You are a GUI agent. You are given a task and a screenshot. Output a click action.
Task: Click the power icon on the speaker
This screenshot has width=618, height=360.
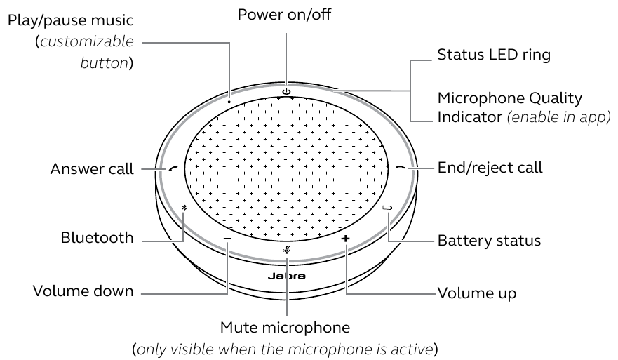click(286, 91)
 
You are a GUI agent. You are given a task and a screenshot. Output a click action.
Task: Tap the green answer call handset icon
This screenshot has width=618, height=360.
click(173, 168)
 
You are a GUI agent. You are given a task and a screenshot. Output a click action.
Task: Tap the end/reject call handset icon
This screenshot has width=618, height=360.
click(400, 168)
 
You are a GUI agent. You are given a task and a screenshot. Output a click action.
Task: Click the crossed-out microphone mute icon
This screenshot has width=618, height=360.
click(286, 251)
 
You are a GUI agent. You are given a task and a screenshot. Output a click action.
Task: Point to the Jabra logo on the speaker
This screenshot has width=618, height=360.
click(286, 276)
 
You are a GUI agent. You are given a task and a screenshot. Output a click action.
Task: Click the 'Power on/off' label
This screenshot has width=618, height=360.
click(285, 14)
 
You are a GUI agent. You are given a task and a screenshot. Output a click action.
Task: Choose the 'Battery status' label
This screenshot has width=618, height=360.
click(489, 241)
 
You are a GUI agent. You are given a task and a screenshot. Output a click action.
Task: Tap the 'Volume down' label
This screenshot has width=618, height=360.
click(83, 291)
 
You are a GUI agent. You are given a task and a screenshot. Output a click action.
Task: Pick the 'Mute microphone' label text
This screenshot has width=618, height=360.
click(285, 327)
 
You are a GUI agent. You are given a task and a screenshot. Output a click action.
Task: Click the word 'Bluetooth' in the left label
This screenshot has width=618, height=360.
click(97, 238)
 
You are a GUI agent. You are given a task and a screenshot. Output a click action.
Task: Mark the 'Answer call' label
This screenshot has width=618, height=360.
click(92, 169)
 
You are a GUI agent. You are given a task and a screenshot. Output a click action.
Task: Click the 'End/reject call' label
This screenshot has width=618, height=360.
click(490, 168)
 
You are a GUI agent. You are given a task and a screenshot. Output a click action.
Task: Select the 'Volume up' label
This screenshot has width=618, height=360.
click(477, 293)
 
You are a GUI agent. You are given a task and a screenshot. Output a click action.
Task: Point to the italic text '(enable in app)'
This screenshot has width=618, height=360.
click(558, 114)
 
